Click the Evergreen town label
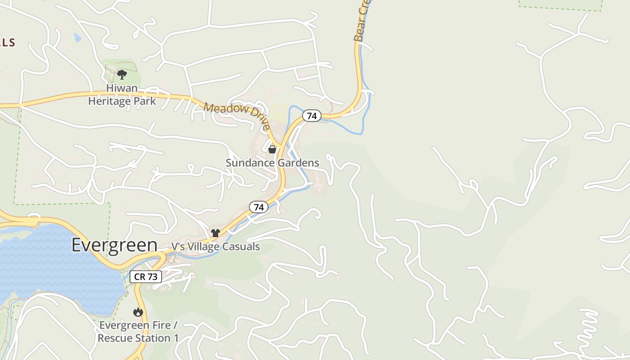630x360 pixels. [x=114, y=245]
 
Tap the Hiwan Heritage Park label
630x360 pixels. [x=122, y=94]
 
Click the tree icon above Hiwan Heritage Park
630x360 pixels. [x=121, y=74]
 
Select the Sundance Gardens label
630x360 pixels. [x=272, y=163]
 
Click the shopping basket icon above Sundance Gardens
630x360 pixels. [x=272, y=149]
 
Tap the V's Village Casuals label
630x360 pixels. [x=216, y=247]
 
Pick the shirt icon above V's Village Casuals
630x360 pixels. [x=216, y=233]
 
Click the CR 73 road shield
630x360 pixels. [x=146, y=277]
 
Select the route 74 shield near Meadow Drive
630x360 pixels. [x=311, y=116]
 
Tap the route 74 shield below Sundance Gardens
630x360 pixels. [x=259, y=207]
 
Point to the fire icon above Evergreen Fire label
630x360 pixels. [x=138, y=312]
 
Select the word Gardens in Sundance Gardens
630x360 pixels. [x=301, y=163]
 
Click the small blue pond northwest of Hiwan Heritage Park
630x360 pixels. [x=77, y=38]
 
